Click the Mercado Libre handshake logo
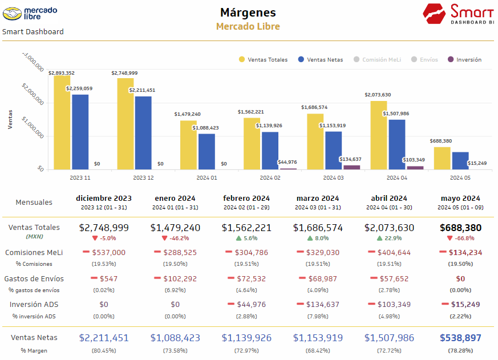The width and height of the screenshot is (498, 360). (13, 12)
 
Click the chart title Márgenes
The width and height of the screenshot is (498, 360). (248, 13)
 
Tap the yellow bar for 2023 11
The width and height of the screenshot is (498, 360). (62, 122)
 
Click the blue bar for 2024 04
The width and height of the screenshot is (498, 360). (397, 144)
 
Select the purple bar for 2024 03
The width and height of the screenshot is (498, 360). (352, 167)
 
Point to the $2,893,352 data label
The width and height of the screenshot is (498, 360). (61, 73)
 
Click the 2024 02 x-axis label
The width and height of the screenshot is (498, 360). (270, 177)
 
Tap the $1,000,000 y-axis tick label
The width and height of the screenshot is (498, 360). (33, 128)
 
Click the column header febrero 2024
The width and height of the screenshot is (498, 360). (246, 199)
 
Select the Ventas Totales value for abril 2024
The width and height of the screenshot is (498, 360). (389, 228)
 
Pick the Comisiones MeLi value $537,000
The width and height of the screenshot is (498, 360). (108, 252)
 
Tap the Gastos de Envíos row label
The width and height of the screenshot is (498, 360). (34, 279)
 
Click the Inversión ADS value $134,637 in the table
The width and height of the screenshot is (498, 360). (322, 305)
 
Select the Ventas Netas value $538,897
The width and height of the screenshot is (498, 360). (460, 338)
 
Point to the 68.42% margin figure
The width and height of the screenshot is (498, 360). (318, 350)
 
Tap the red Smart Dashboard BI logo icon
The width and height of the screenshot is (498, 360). (435, 13)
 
